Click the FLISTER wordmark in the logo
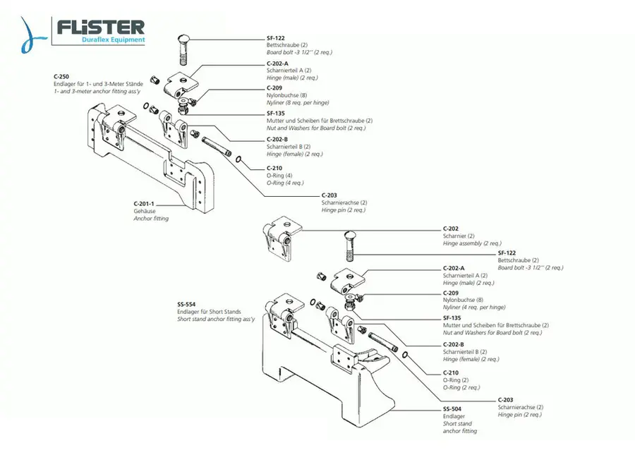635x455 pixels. [101, 27]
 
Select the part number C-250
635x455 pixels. [61, 76]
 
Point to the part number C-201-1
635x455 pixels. [145, 202]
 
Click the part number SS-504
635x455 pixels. [452, 408]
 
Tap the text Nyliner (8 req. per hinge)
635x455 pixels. [298, 102]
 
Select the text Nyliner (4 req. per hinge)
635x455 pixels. [474, 308]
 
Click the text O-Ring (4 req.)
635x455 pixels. [286, 182]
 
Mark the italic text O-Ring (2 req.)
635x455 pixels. [462, 387]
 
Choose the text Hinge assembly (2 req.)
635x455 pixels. [472, 243]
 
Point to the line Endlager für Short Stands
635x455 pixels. [209, 311]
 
